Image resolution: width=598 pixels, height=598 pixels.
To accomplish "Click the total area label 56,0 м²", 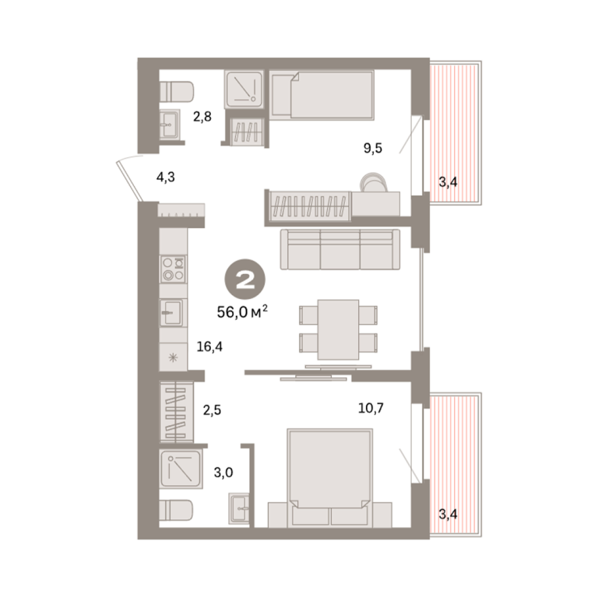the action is (x=242, y=312).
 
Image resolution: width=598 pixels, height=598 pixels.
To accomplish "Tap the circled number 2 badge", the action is (x=245, y=280).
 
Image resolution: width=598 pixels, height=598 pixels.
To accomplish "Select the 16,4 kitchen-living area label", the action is (x=209, y=346).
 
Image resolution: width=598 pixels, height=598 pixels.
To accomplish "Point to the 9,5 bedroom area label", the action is (x=373, y=148).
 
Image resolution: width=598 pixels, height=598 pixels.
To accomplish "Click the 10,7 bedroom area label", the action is (x=371, y=408).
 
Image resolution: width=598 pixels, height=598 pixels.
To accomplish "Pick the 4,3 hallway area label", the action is (x=166, y=178).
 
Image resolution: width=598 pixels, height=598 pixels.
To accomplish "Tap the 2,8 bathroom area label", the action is (x=202, y=116).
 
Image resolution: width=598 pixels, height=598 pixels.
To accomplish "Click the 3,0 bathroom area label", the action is (x=223, y=473).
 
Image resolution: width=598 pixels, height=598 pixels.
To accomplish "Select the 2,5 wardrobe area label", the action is (x=212, y=410).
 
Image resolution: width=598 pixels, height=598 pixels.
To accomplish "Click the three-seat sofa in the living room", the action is (x=340, y=250).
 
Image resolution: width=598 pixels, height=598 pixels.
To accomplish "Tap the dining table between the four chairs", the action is (x=338, y=329).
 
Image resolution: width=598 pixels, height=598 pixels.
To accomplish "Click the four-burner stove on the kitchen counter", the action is (x=173, y=269).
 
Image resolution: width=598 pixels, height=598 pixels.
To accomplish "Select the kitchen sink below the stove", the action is (x=171, y=313).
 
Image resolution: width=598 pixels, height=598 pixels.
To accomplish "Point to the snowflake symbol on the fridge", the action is (x=173, y=357).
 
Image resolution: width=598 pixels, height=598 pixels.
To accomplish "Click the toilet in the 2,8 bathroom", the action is (x=176, y=92).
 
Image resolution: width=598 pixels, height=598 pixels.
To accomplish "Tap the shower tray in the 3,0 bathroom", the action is (x=181, y=470).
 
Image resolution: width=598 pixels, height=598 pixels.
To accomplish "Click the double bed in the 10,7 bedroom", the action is (x=330, y=478).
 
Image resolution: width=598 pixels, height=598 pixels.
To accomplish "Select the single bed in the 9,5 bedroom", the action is (x=322, y=95).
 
